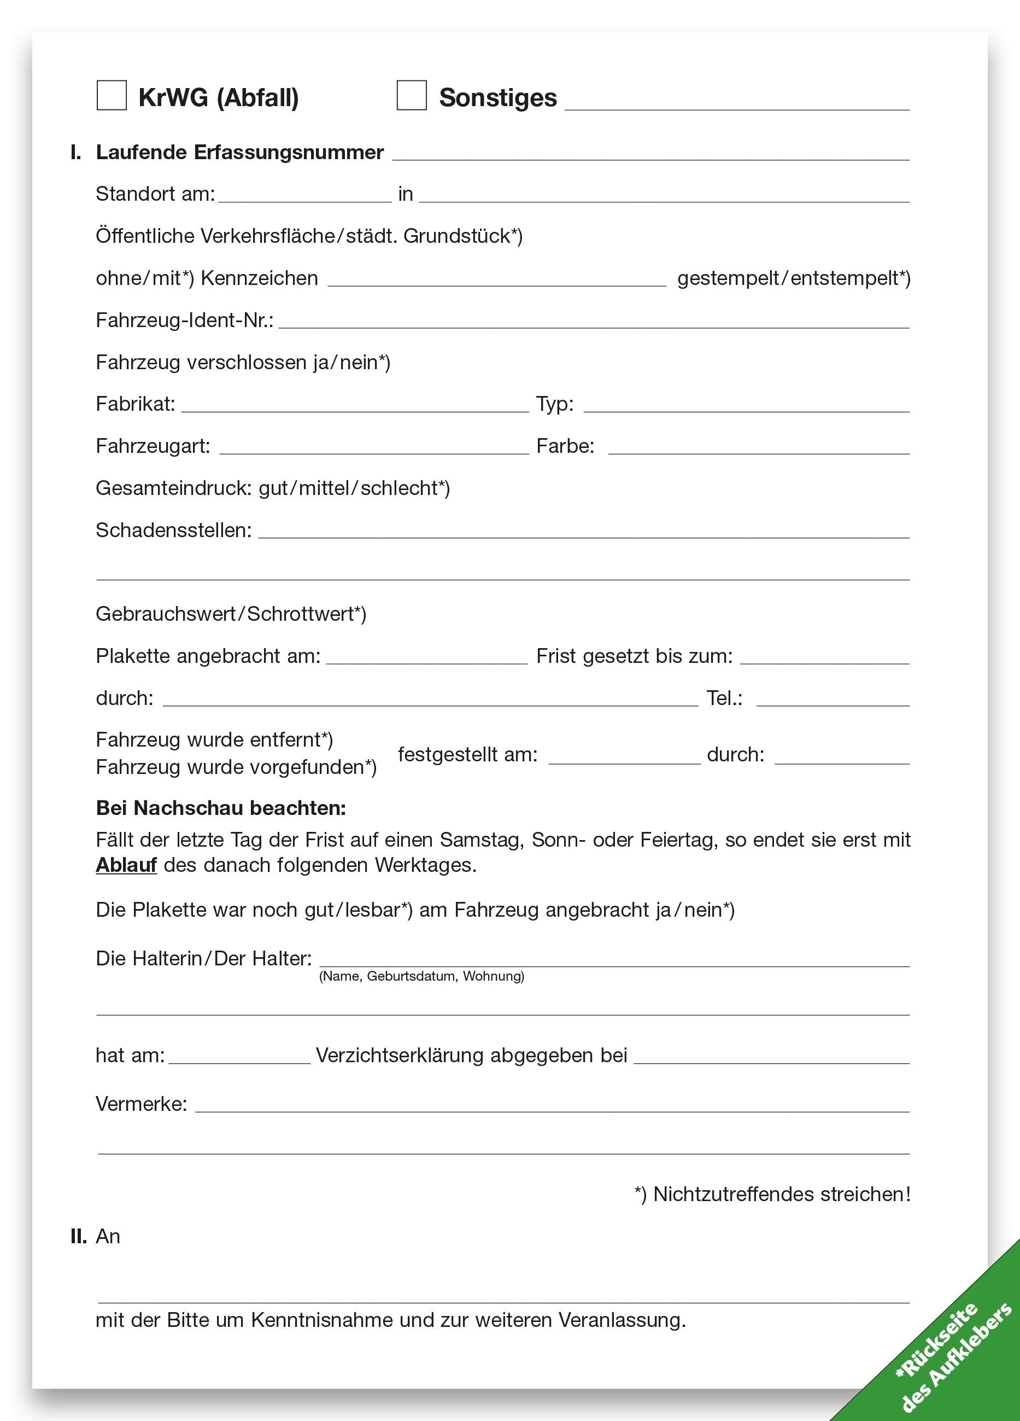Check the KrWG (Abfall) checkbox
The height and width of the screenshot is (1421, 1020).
tap(112, 96)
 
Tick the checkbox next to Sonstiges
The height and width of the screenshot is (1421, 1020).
tap(412, 96)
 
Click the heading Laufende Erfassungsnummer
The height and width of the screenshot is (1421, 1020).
tap(239, 153)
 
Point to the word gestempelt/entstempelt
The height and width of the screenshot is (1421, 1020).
tap(793, 278)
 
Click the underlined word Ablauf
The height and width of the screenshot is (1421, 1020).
tap(126, 865)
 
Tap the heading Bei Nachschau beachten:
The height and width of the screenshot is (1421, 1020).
tap(220, 808)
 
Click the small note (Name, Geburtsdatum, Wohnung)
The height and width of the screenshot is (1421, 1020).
tap(421, 976)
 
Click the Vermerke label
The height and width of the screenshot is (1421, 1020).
tap(141, 1104)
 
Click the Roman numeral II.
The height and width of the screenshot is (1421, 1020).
tap(78, 1237)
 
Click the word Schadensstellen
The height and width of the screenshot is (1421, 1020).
tap(173, 531)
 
